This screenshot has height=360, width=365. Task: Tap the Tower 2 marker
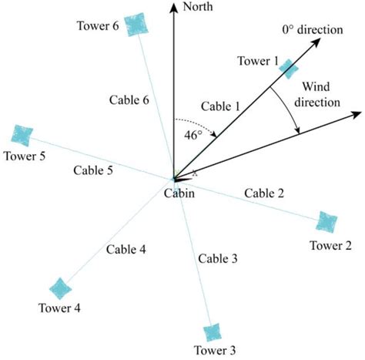coord(328,222)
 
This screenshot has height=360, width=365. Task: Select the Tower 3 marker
coord(212,332)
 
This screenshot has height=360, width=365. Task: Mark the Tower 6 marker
coord(136,23)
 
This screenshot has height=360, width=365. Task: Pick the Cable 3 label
coord(217,258)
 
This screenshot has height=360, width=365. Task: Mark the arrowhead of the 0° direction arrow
coord(316,43)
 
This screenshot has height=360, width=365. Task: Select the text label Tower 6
coord(98,26)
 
